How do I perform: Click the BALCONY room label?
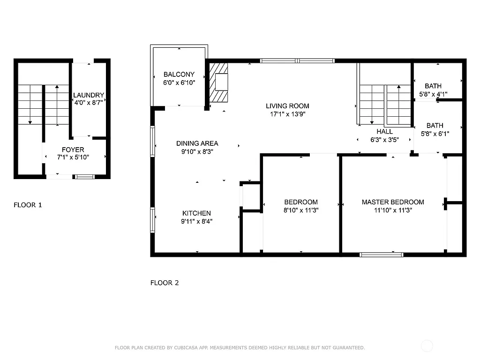179,75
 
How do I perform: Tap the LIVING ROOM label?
287,106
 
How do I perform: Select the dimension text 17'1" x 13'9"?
287,114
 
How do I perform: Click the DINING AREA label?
197,143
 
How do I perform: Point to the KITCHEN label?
196,213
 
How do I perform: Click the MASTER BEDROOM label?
393,202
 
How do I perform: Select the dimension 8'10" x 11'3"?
300,210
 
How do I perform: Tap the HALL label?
384,132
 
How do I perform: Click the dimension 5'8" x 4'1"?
433,94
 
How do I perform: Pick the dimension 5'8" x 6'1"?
435,134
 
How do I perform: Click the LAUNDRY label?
89,95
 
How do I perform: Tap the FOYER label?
73,150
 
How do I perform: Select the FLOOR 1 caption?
28,205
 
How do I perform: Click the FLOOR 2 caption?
165,283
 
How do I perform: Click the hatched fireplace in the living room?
218,82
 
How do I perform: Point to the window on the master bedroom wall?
381,255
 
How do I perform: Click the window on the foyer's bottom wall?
84,177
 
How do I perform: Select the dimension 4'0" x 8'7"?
89,102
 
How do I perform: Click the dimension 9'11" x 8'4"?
196,221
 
